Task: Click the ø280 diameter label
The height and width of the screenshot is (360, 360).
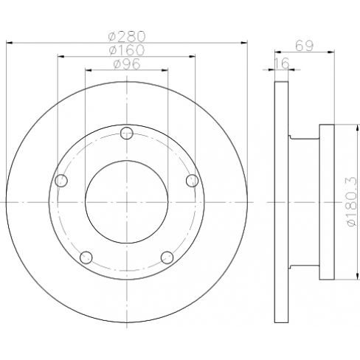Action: (127, 36)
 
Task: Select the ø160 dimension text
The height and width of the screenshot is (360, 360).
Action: (127, 50)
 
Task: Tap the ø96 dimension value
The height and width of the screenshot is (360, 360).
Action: (127, 64)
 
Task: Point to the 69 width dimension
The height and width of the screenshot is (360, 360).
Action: (305, 46)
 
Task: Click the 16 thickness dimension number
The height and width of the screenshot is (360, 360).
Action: (282, 63)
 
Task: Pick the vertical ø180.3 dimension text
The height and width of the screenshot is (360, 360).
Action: (352, 201)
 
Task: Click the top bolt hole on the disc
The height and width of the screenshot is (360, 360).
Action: (127, 134)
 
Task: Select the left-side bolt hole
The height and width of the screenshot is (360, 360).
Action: (61, 181)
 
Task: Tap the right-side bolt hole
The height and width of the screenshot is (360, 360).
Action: (192, 181)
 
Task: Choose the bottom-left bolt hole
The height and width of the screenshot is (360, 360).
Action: (86, 257)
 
